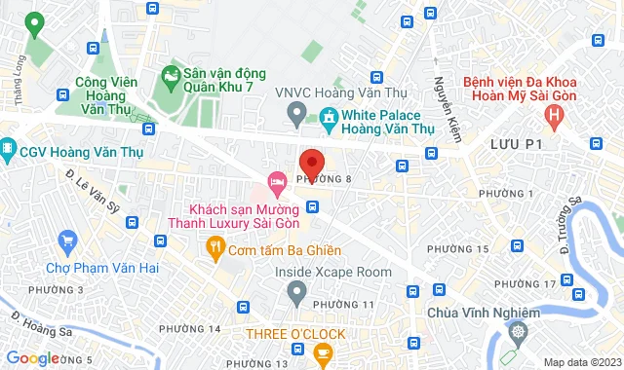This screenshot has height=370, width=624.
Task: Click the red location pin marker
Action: pos(311,162)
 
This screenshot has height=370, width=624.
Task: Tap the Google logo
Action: pos(32,358)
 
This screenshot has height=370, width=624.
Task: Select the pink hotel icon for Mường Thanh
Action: pos(277,180)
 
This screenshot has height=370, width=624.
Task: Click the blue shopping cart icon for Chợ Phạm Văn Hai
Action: pos(67,240)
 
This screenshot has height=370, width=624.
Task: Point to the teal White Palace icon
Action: pos(329,118)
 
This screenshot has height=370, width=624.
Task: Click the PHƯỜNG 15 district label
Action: pos(457,250)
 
